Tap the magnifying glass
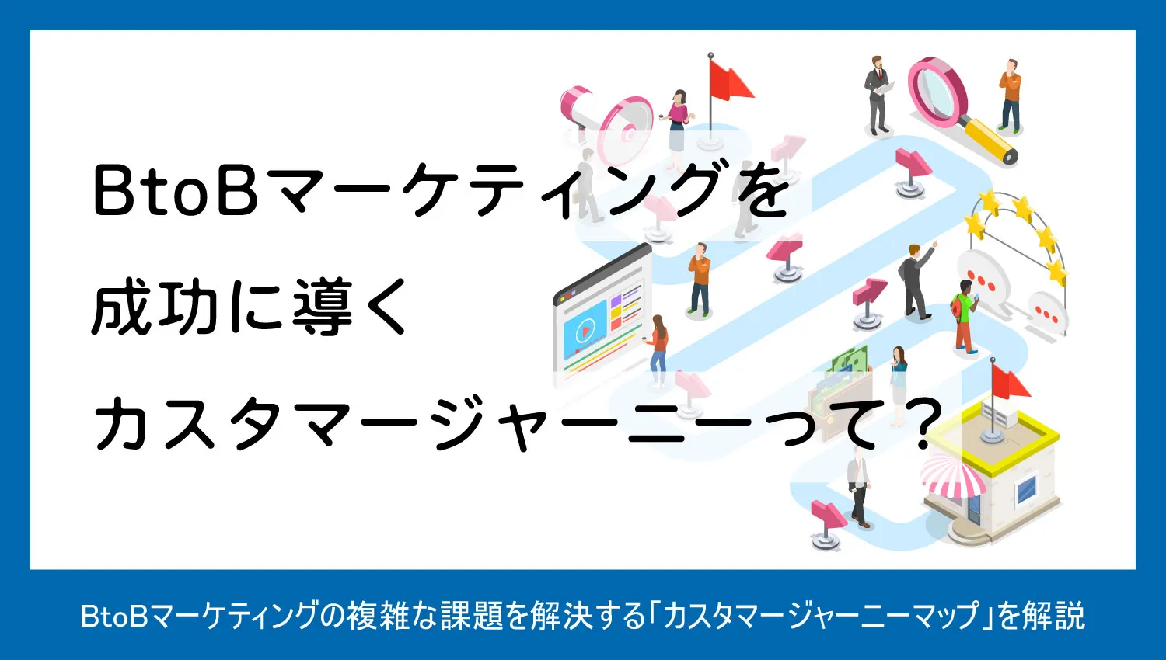pyautogui.click(x=957, y=106)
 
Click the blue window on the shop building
pyautogui.click(x=1025, y=490)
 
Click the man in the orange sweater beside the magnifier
pyautogui.click(x=1010, y=96)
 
